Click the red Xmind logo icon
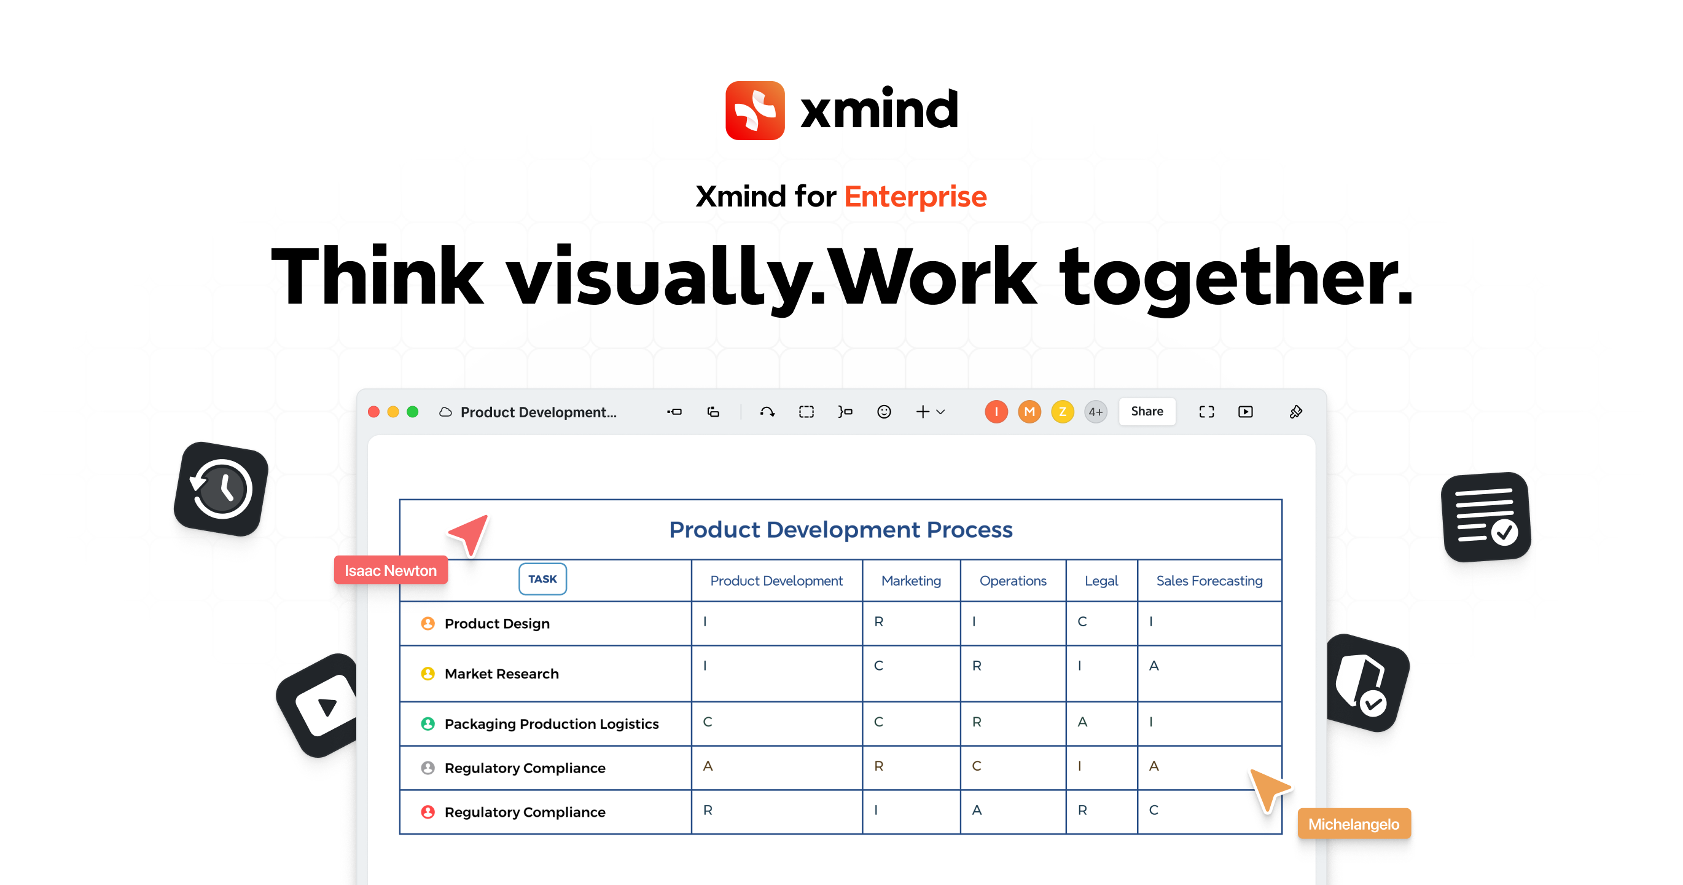coord(755,111)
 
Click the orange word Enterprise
coord(915,196)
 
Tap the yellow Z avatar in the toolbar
coord(1063,412)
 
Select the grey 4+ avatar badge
coord(1096,412)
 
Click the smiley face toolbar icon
coord(883,412)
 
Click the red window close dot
coord(373,412)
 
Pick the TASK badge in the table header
coord(542,579)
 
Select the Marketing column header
coord(911,580)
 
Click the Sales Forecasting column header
coord(1209,580)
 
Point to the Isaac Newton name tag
coord(391,570)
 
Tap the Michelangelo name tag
coord(1353,824)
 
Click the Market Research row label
coord(501,674)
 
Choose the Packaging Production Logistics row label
coord(552,724)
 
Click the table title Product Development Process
coord(840,529)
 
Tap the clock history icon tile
coord(222,489)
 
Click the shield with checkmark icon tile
coord(1367,683)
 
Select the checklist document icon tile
coord(1486,516)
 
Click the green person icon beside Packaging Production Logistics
coord(428,724)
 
